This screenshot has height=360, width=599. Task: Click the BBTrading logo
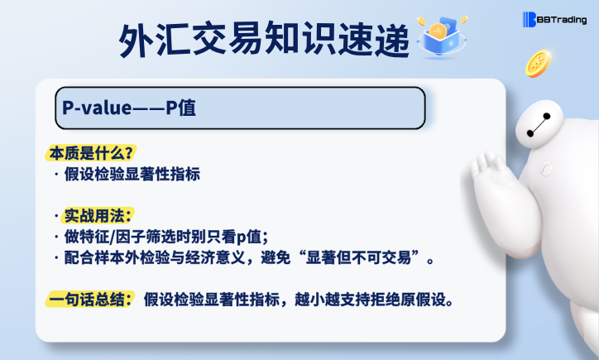(554, 20)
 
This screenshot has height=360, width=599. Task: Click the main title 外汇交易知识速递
(264, 40)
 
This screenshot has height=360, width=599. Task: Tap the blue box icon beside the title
(442, 37)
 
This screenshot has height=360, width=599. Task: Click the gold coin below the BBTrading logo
(539, 64)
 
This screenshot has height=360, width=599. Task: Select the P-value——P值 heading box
(240, 108)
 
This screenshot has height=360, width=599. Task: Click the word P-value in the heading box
(97, 108)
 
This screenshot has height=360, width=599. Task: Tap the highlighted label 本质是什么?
(91, 153)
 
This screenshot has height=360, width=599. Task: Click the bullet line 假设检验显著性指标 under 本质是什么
(132, 175)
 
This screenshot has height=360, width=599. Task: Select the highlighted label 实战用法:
(98, 215)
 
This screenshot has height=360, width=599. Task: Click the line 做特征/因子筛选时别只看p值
(165, 237)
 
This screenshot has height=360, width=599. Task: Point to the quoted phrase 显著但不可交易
(358, 257)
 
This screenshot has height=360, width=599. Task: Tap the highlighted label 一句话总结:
(90, 300)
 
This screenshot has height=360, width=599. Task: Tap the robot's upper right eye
(547, 116)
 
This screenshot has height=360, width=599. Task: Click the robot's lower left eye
(530, 133)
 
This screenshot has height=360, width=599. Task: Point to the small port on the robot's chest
(546, 168)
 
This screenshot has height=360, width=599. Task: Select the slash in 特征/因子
(113, 237)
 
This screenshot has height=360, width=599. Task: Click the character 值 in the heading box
(187, 108)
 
